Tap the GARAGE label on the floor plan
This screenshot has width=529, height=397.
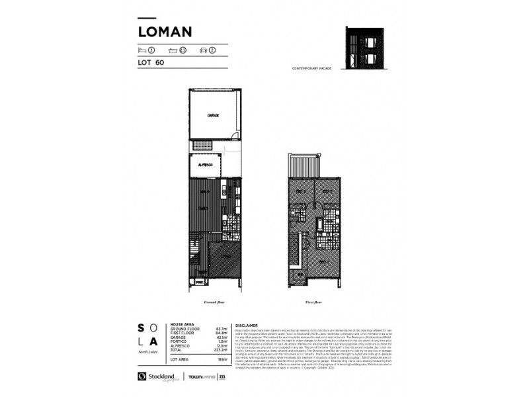[x=213, y=115]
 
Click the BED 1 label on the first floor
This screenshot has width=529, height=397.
[x=325, y=262]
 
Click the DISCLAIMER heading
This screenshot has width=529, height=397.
[x=244, y=326]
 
